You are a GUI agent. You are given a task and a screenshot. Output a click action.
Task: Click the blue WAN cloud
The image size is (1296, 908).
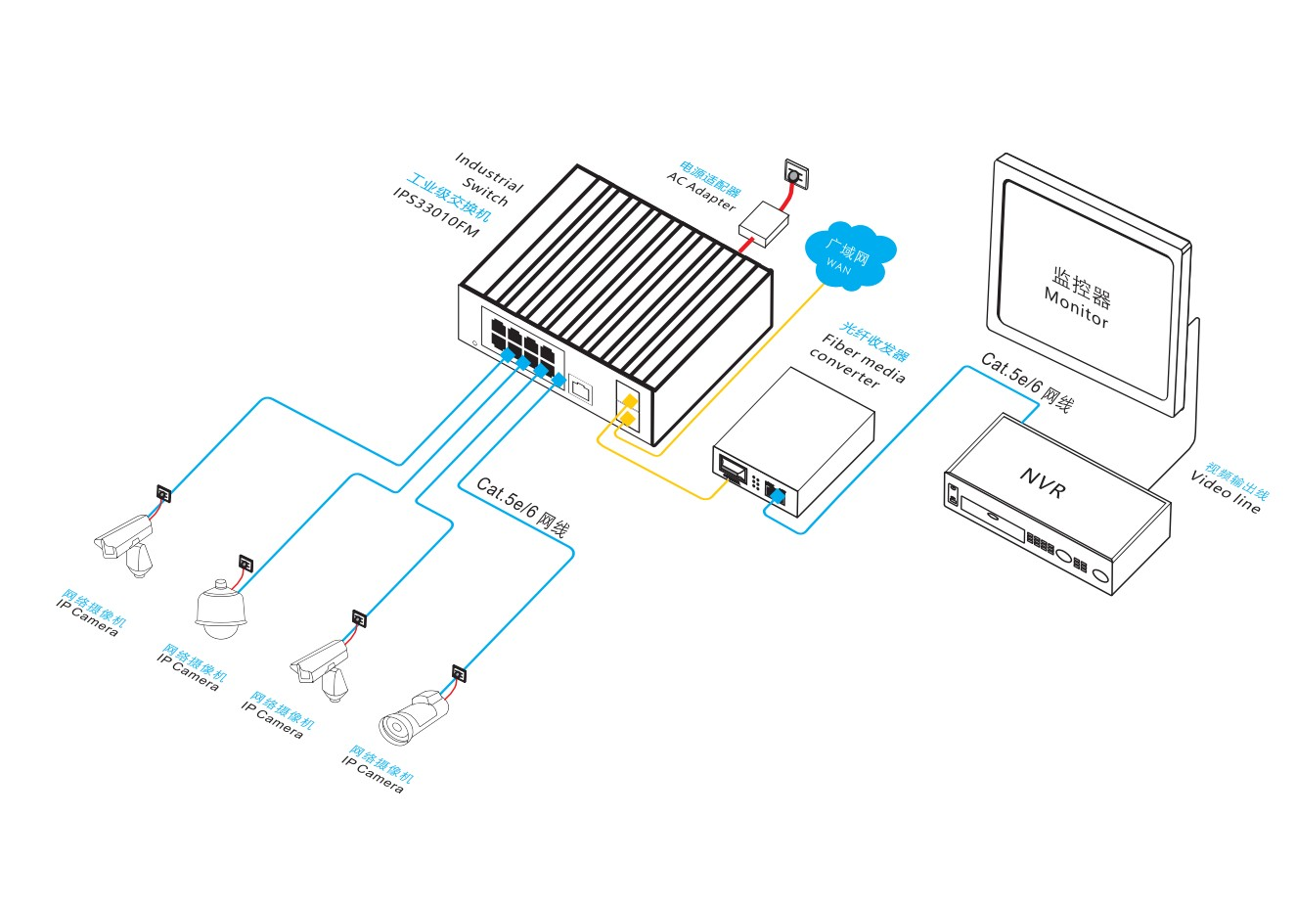pos(850,255)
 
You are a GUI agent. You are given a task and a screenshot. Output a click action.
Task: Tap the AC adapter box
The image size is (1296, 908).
pos(764,224)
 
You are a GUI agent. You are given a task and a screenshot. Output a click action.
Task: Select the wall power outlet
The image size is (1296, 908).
pos(796,173)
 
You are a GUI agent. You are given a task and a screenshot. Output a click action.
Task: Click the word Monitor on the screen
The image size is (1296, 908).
pos(1076,307)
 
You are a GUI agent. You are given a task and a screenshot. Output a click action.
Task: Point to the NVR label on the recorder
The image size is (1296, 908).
pos(1044,483)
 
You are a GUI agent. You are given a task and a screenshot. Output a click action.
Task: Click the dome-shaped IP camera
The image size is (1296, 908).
pos(220,610)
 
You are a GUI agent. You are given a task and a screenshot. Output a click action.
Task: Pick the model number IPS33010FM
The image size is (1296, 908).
pos(436,212)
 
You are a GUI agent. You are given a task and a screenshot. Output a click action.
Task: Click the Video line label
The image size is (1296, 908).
pos(1226,492)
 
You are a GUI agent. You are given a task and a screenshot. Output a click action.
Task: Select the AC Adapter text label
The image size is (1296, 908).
pos(701,192)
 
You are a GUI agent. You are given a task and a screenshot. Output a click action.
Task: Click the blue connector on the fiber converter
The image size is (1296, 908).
pos(779,496)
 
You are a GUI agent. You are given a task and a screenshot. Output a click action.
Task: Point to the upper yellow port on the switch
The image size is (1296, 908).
pos(630,400)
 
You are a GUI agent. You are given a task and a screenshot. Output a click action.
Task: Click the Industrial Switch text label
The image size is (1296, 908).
pos(489,179)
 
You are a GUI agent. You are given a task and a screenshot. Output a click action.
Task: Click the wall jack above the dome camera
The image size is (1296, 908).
pos(246,563)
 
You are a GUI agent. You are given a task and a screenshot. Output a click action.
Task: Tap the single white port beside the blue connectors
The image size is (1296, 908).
pos(580,387)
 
